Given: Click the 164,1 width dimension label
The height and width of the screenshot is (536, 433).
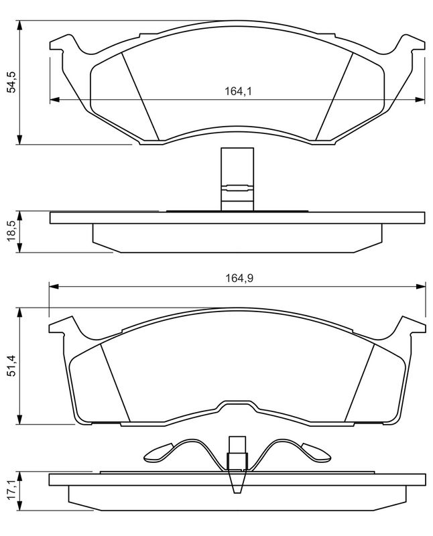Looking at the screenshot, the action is coord(238,92).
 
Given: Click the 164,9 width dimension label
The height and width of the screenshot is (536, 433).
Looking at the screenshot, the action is coord(239,278).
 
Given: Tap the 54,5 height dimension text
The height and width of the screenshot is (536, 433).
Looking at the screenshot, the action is coord(13,82).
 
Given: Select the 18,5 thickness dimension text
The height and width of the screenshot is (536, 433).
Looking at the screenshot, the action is coord(12,231).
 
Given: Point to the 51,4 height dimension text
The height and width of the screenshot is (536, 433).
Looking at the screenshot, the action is coord(12,366).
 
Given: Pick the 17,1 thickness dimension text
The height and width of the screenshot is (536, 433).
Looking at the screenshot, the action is coord(12,491).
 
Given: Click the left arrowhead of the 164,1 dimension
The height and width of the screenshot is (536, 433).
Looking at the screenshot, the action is coord(55,99).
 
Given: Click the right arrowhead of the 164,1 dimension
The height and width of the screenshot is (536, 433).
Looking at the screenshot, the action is coord(420,99).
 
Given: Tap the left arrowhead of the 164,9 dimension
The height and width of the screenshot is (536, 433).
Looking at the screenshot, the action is coord(54,286).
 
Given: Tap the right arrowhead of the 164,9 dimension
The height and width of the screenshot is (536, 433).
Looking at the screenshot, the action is coord(421,286).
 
